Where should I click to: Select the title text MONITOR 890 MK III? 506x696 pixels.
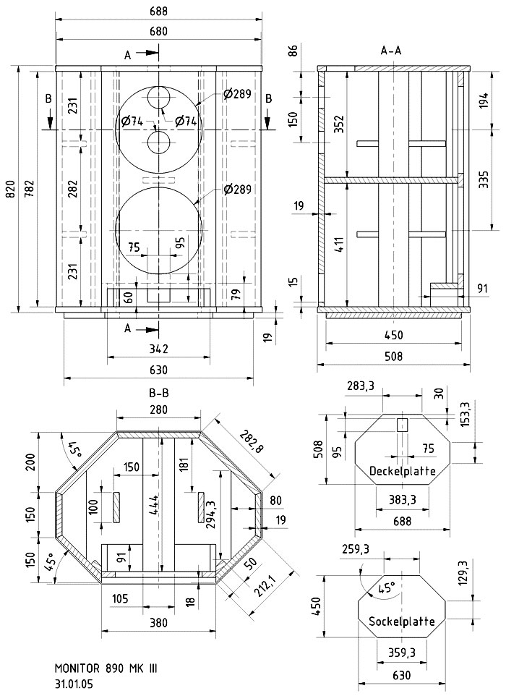(x=105, y=669)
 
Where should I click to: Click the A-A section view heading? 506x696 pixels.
(x=391, y=51)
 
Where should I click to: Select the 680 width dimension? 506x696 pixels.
(x=158, y=31)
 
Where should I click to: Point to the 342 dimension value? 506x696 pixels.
(x=158, y=349)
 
